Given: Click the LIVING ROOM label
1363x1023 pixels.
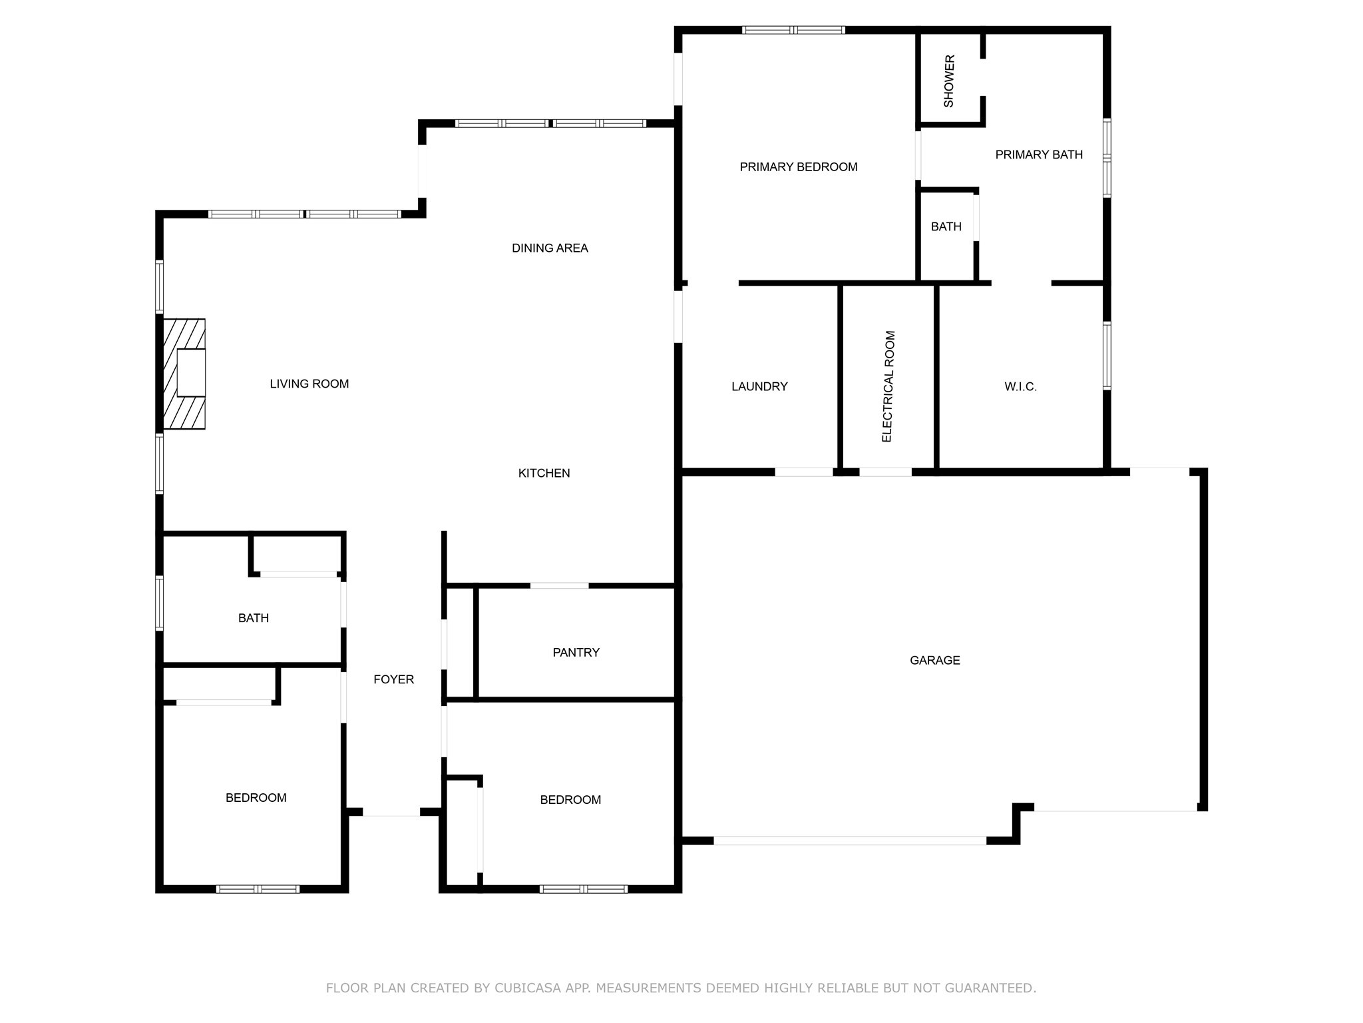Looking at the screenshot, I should coord(309,384).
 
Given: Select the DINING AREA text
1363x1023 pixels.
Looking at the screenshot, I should coord(550,248).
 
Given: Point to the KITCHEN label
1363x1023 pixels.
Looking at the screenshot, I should coord(544,474).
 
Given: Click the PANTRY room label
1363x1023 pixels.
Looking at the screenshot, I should coord(576,653).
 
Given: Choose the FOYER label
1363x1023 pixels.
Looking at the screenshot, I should coord(393,679).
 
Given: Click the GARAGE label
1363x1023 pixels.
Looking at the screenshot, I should coord(934,661).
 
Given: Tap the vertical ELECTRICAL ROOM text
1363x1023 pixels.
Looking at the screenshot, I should coord(888,387).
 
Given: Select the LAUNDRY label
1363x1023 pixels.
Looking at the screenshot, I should coord(759,387).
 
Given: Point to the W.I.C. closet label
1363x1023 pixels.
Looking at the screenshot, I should coord(1020,387).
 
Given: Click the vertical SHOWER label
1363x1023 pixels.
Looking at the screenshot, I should coord(949,81).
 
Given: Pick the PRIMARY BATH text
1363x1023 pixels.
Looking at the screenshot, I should coord(1038,155).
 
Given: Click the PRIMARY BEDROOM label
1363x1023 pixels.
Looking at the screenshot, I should coord(798,167).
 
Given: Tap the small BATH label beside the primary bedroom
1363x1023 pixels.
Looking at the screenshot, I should coord(946,227).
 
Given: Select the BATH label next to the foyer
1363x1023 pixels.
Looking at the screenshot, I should coord(254,619).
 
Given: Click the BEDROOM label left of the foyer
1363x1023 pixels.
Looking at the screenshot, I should coord(256,798).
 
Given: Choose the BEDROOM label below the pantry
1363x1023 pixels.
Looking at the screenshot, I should coord(570,800).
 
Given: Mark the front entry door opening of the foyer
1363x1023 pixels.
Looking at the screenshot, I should coord(391,813).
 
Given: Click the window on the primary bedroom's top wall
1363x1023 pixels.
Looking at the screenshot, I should coord(793,30).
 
